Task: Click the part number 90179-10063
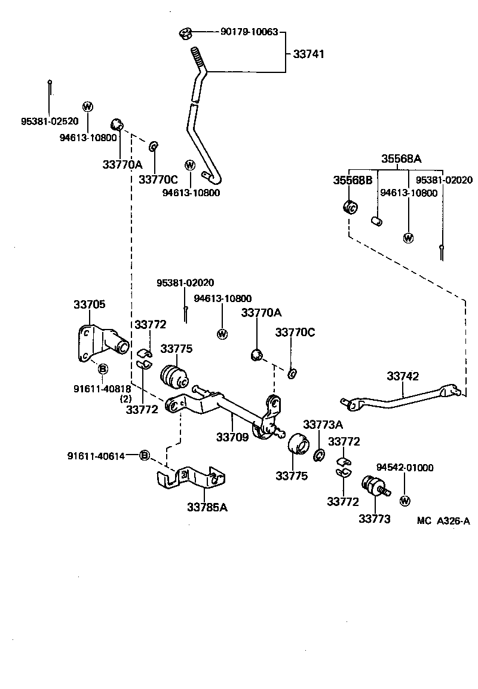249,32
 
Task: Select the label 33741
308,54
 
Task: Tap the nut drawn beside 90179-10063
185,33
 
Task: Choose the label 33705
90,304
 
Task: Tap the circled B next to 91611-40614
144,456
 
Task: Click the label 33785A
207,507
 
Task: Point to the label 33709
232,437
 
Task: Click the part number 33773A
323,425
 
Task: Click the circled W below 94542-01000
405,500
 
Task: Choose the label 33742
403,376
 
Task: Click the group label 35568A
402,158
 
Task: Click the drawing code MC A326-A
443,520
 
